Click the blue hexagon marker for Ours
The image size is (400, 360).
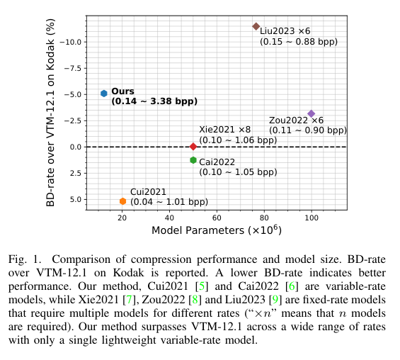(103, 94)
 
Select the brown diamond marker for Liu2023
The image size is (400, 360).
(256, 26)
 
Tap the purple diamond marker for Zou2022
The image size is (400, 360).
(312, 113)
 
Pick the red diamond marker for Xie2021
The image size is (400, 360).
(193, 147)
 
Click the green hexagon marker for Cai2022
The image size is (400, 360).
(193, 160)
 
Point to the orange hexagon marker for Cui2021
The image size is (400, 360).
(122, 201)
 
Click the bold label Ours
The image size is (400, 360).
(122, 91)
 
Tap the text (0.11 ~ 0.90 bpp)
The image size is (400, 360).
(307, 130)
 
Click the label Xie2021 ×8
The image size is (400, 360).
(224, 130)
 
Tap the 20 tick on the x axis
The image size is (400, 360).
(122, 217)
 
